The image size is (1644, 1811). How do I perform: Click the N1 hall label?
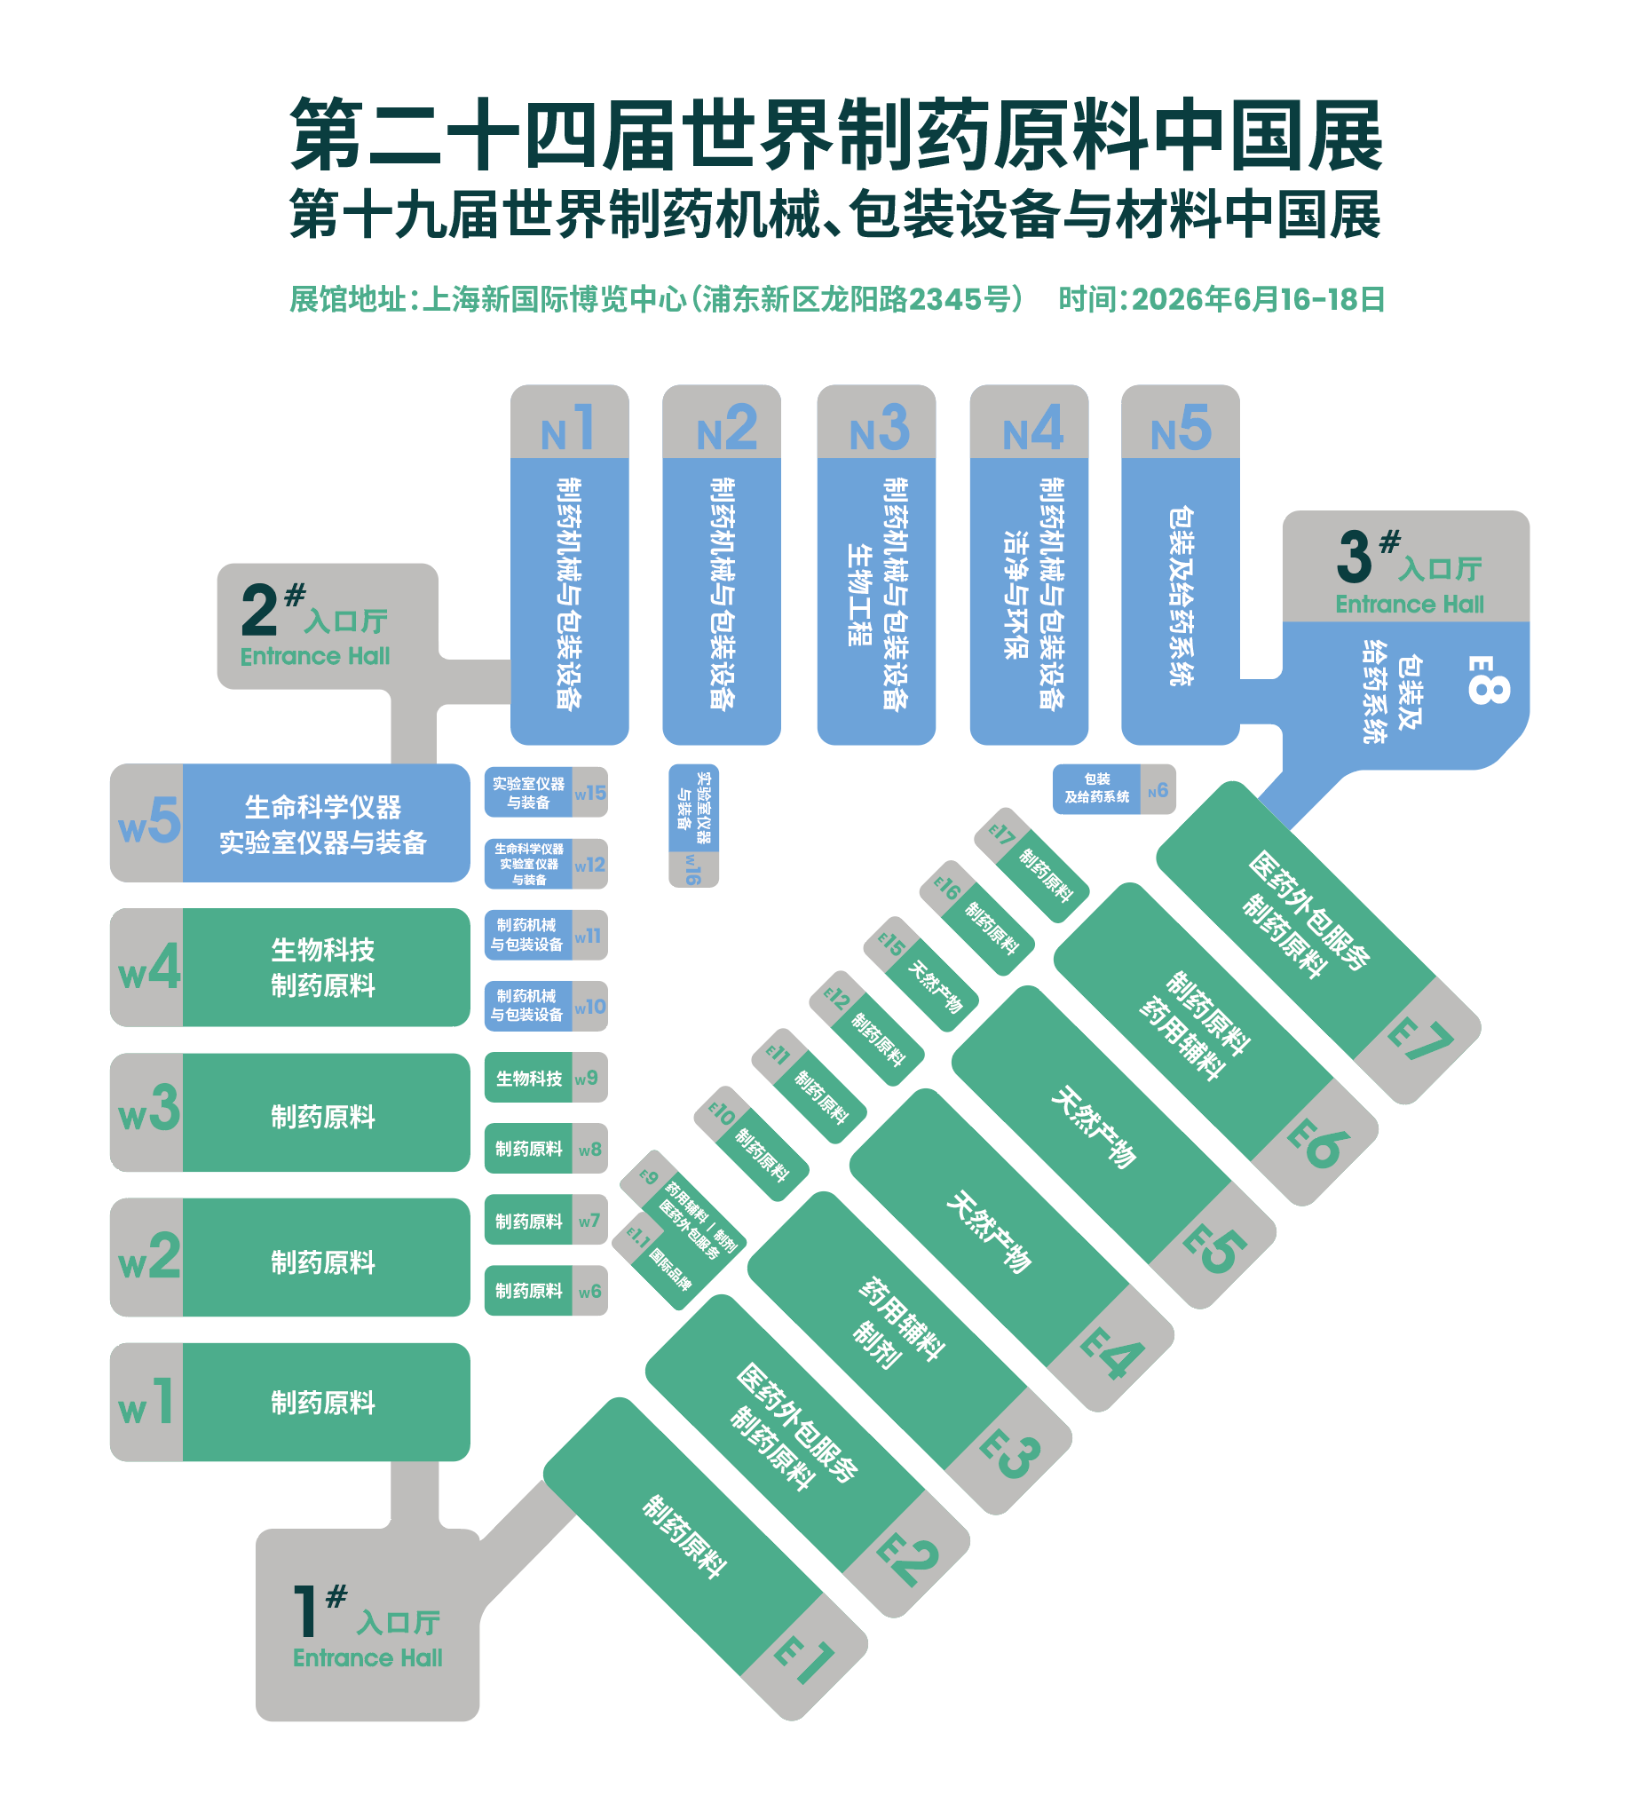[568, 428]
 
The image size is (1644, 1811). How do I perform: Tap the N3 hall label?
[879, 428]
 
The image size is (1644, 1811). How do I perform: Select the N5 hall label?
[1181, 428]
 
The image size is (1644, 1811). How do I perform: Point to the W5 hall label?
[149, 821]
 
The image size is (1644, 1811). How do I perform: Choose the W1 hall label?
[146, 1403]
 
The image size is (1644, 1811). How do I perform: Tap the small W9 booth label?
[587, 1078]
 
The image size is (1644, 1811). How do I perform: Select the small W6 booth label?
[590, 1292]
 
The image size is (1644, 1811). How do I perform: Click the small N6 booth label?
[1158, 790]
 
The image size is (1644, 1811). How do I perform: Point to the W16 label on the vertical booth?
[692, 870]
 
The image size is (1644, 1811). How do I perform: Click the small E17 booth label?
[1001, 834]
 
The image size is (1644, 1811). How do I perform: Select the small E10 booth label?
[723, 1114]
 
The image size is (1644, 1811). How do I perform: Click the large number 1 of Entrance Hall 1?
[306, 1611]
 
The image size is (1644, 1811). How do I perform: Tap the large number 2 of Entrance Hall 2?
[259, 611]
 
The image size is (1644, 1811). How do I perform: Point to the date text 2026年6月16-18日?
[1258, 299]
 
